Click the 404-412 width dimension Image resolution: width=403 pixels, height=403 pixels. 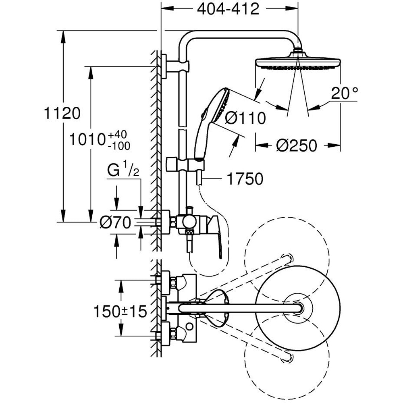[228, 9]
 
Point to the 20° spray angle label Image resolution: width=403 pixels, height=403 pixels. [345, 93]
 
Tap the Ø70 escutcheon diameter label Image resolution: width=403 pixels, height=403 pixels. [116, 222]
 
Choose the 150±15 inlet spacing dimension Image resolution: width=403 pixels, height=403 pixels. [120, 312]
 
